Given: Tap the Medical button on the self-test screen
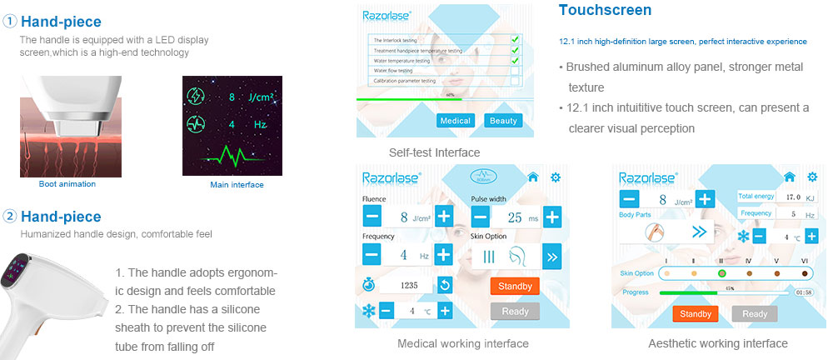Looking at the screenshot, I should (456, 121).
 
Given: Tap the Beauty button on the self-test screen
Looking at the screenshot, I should (503, 121).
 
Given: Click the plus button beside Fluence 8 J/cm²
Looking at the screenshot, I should (444, 217).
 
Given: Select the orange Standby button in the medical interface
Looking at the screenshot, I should (514, 286).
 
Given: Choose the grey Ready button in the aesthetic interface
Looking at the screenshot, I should (755, 314).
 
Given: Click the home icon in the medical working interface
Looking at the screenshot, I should (533, 177).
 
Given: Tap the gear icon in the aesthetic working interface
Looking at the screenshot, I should (812, 177).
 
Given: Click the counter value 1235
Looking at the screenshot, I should (409, 285).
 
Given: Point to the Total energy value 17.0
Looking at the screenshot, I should (793, 197).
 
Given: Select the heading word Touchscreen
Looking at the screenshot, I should (605, 10).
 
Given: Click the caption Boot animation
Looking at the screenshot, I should (67, 184).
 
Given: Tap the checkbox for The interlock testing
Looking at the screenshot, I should (515, 39).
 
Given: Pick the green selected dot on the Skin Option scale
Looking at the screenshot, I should (722, 273).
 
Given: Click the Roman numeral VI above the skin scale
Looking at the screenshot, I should (804, 261).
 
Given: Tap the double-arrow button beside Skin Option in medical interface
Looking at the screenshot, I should (551, 257).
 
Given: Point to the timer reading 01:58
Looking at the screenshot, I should (803, 292).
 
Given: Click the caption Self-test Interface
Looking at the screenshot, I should (434, 152).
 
